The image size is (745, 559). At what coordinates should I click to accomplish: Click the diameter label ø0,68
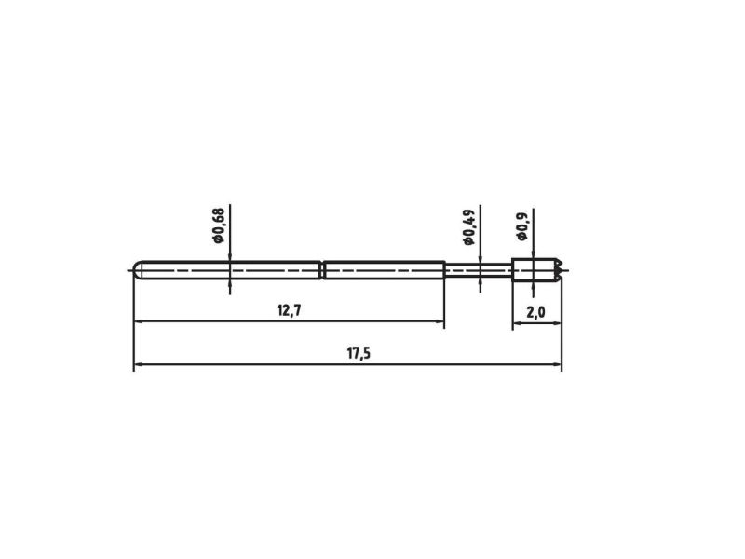tap(219, 225)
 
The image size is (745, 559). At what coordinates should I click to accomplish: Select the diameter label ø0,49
tap(468, 226)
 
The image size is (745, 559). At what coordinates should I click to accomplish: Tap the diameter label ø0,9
tap(522, 226)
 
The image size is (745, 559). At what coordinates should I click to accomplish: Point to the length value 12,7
tap(289, 310)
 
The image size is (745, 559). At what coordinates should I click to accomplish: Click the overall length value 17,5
tap(359, 353)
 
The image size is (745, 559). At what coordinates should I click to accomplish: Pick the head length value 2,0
tap(536, 312)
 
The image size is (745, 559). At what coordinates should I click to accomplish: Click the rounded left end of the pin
tap(137, 270)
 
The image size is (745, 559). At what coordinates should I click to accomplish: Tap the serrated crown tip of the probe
tap(559, 270)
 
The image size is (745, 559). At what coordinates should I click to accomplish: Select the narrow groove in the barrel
tap(321, 270)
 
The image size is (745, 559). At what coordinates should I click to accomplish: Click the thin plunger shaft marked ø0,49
tap(479, 270)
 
